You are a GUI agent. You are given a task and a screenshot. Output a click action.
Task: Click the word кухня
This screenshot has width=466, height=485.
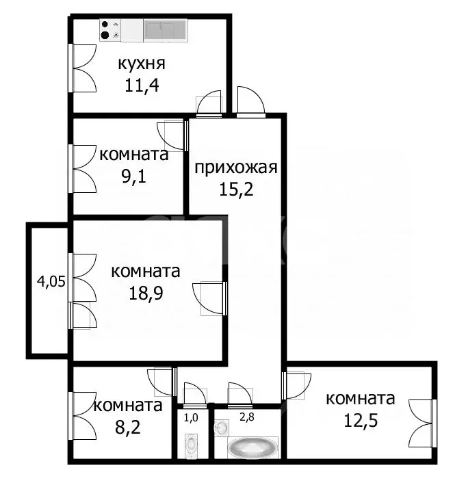click(142, 65)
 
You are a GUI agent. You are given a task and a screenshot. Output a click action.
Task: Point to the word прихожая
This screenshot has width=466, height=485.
click(235, 168)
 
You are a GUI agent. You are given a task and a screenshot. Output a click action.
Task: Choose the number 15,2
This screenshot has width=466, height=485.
click(235, 189)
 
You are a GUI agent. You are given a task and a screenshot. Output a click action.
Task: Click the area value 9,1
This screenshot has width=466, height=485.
click(134, 176)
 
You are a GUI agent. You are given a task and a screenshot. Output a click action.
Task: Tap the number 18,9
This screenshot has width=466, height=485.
click(146, 292)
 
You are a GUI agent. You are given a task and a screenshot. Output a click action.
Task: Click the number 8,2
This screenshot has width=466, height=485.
click(128, 427)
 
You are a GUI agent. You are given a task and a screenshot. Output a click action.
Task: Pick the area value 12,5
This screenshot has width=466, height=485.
click(361, 420)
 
